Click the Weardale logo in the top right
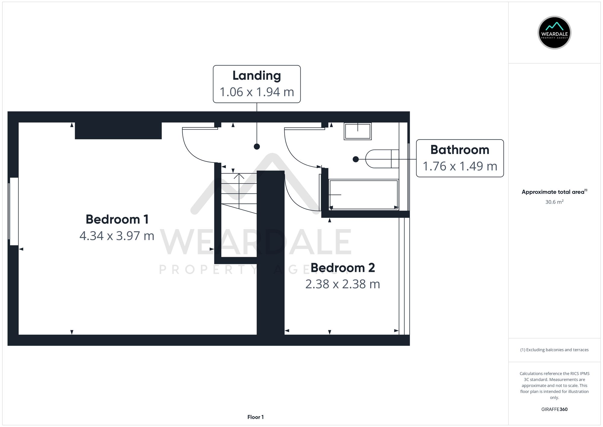554,33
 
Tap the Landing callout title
257,76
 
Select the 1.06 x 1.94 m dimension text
257,92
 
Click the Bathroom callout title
459,150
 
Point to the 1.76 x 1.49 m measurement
459,166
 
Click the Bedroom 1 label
117,219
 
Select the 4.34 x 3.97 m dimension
117,236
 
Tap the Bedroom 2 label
343,268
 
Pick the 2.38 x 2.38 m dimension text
343,284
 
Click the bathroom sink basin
358,131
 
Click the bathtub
364,195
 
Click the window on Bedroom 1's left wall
14,211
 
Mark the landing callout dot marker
257,147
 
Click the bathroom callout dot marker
356,159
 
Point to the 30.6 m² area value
554,202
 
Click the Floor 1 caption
255,417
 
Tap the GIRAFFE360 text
554,409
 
